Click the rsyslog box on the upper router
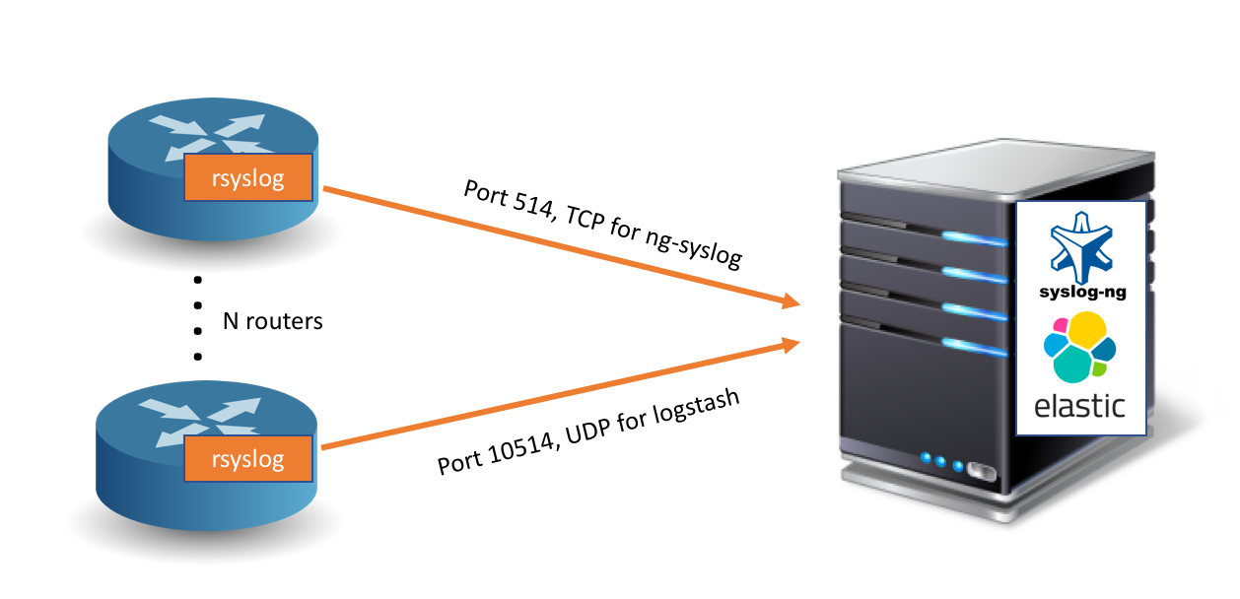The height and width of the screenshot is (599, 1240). pos(248,178)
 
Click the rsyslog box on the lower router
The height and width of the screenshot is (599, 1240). pos(248,458)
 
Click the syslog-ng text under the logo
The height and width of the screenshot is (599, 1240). pos(1081,292)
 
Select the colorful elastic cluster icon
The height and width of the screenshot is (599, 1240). pos(1079,347)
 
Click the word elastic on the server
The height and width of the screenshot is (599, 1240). pos(1079,404)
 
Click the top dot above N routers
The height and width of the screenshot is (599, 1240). pos(198,280)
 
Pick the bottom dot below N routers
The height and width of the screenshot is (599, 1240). pos(198,356)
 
